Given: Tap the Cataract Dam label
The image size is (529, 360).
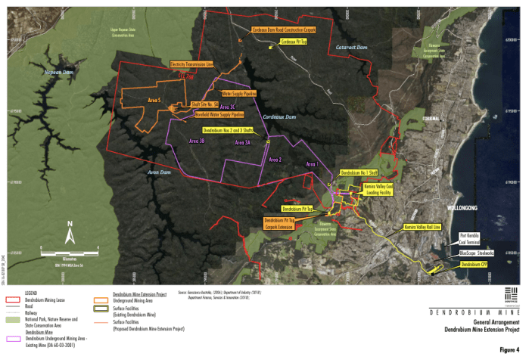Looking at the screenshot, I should pos(350,48).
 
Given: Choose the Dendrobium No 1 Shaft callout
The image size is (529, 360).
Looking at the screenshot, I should pos(359,174).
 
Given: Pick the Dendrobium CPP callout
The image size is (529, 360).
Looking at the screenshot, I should pos(475,265).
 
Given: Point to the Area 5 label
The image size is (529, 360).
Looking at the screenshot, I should pos(155,100).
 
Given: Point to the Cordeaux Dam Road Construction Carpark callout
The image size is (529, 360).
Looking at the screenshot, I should pos(283,30).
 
